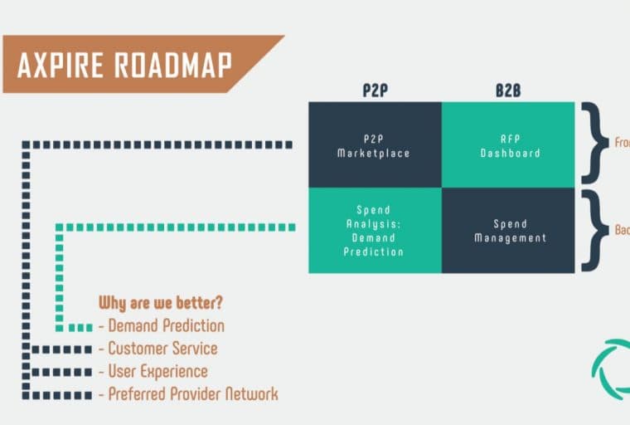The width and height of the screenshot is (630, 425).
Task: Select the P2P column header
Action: (375, 90)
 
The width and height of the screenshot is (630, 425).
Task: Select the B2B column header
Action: (507, 90)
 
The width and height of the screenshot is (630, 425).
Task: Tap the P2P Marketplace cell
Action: (375, 145)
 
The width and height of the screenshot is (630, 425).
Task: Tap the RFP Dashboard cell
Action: (507, 145)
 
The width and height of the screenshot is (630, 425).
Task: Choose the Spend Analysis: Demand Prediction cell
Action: (375, 230)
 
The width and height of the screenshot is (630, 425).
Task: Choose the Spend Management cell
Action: (507, 230)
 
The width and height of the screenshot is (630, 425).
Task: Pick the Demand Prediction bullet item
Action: (166, 325)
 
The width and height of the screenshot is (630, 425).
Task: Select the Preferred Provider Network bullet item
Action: (192, 393)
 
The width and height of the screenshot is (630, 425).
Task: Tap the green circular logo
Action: (612, 369)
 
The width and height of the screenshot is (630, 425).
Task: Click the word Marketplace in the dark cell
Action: (375, 154)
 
